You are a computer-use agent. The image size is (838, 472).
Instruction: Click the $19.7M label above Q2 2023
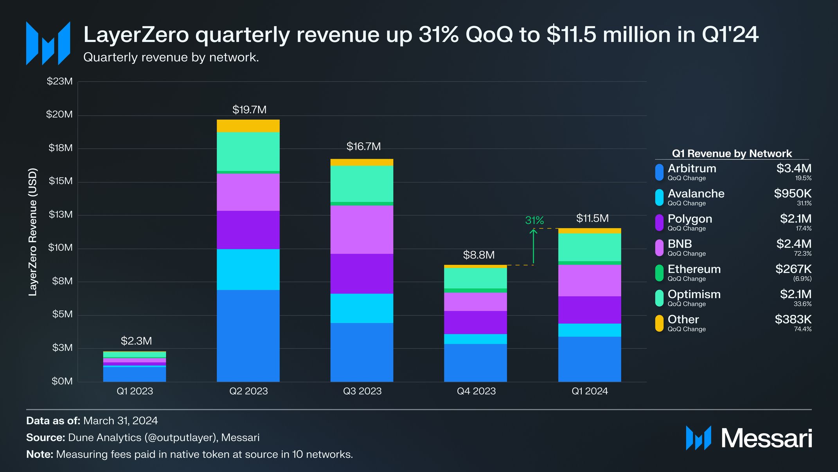[249, 110]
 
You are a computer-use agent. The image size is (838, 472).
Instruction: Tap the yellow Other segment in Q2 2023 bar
[248, 126]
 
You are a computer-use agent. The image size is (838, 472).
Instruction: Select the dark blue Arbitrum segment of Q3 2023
[361, 352]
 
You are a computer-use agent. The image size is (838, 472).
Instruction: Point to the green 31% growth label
[534, 221]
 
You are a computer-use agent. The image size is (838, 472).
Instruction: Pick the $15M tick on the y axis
[61, 181]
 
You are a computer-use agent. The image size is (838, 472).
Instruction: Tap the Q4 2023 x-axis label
[476, 391]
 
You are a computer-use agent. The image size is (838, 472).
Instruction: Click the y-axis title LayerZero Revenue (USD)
[33, 232]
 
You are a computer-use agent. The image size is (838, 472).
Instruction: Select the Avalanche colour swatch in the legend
[659, 197]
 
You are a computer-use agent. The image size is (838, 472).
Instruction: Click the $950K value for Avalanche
[793, 194]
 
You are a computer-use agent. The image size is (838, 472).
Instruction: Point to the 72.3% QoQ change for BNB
[802, 254]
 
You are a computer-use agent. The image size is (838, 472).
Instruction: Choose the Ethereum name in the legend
[694, 269]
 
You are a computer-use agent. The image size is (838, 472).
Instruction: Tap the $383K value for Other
[793, 319]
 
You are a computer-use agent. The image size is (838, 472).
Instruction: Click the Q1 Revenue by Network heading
[732, 154]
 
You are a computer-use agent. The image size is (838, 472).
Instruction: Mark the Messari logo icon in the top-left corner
[48, 43]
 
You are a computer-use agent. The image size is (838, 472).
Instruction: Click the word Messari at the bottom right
[766, 438]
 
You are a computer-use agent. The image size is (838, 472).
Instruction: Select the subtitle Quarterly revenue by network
[171, 58]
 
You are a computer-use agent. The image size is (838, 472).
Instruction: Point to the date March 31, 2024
[120, 421]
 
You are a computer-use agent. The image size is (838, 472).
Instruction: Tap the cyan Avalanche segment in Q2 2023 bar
[248, 269]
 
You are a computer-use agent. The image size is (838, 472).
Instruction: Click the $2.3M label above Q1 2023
[136, 341]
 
